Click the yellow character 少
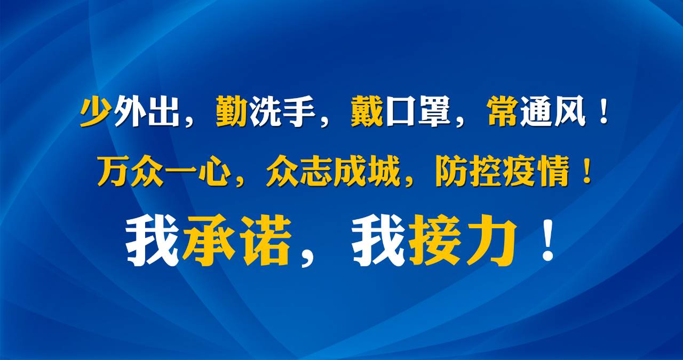click(x=95, y=111)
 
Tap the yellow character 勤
click(x=232, y=111)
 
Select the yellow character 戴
click(x=367, y=111)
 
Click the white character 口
click(x=401, y=111)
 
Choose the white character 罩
click(x=434, y=111)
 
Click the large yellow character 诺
click(x=266, y=241)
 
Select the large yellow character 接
click(x=434, y=241)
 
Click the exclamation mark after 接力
click(x=548, y=240)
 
